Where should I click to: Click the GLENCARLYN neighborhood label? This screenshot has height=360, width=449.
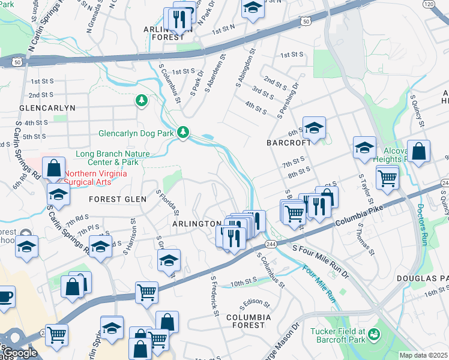point(47,108)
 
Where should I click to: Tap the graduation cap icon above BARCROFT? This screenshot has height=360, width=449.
point(313,127)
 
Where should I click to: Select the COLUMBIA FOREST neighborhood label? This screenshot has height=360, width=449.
point(248,321)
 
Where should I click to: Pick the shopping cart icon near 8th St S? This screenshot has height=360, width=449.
point(387,177)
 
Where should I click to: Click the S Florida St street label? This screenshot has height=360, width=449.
point(167,203)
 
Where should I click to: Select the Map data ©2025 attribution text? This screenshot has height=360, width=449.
point(424,355)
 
